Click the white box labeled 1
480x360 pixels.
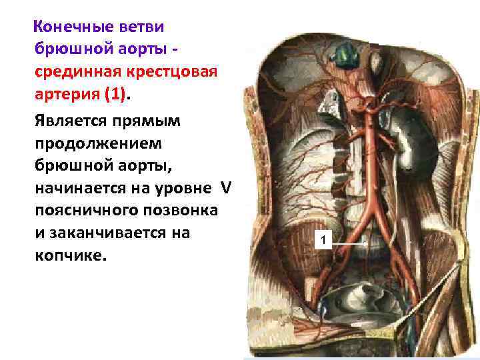(323, 240)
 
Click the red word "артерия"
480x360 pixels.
(66, 95)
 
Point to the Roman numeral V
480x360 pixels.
(225, 188)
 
